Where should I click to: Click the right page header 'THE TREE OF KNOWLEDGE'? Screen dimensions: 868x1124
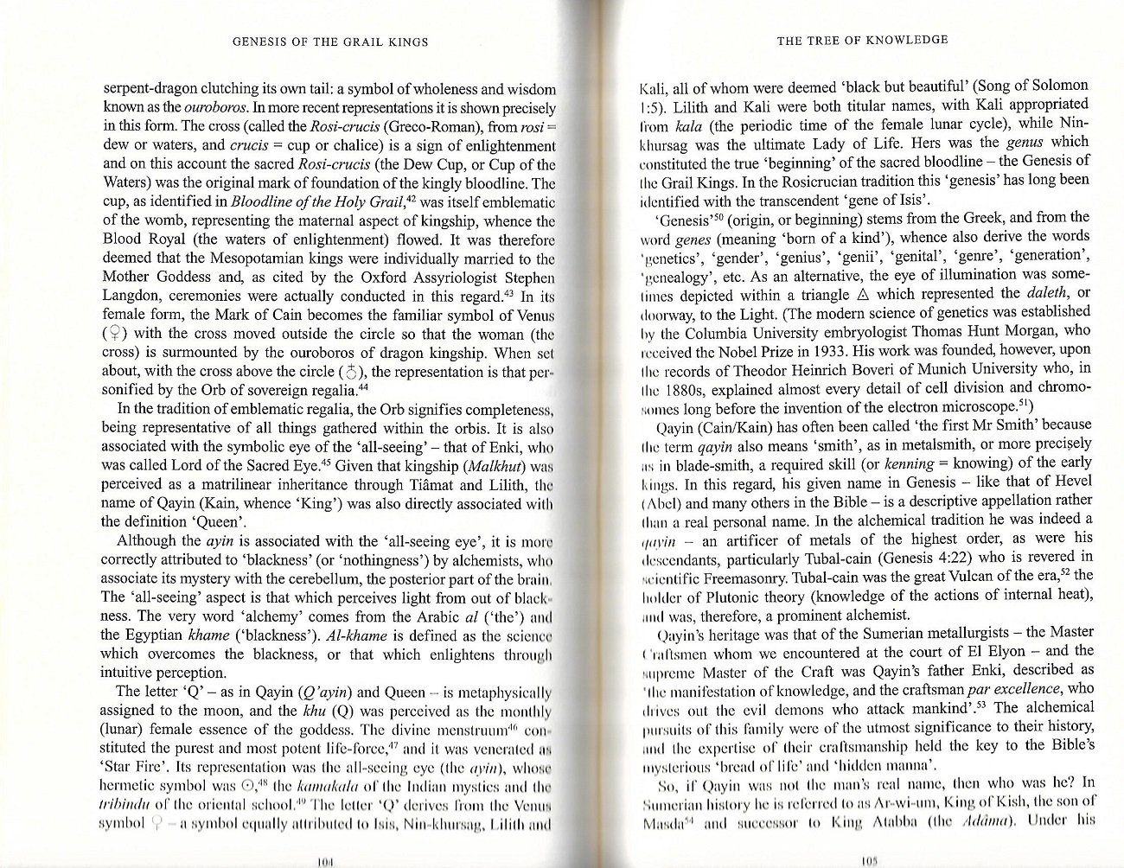coord(862,39)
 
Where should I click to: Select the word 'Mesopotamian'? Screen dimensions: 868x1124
coord(266,258)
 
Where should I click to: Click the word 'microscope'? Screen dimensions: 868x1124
coord(976,406)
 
